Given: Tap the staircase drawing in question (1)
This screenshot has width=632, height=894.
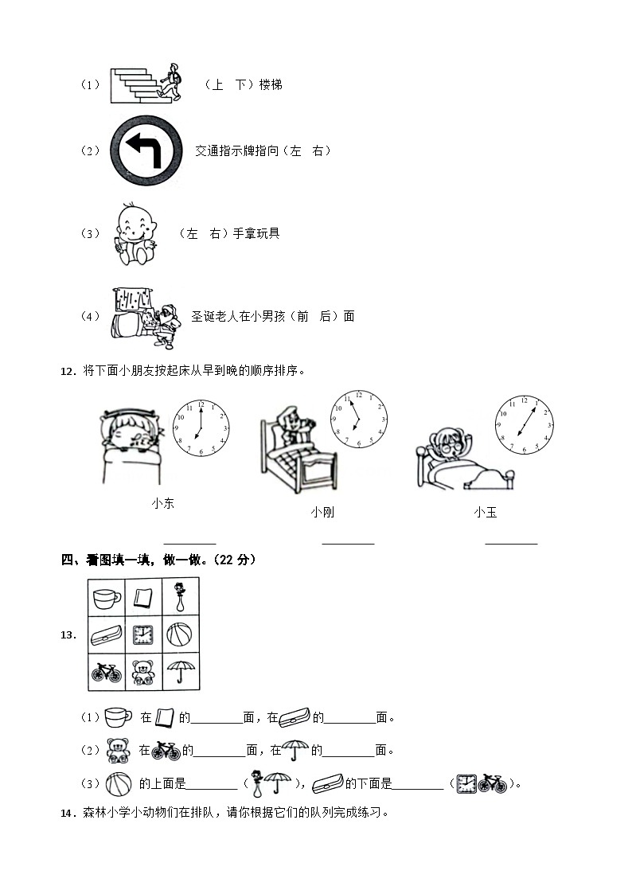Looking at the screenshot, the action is (x=135, y=85).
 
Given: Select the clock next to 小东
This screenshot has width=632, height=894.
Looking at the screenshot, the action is (x=201, y=427).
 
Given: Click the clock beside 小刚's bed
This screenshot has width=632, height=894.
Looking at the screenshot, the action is (x=359, y=419).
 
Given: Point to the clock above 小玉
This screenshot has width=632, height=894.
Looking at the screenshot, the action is (x=525, y=425).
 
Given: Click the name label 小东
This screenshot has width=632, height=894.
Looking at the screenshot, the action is (x=163, y=503).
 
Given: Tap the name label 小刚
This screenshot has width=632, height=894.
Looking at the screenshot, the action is (x=322, y=512).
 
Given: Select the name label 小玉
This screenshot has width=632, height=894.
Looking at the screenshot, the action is (x=486, y=512).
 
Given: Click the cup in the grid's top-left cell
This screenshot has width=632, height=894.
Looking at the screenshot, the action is (x=107, y=599).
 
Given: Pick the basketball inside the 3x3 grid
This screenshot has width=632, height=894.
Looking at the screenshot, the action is (x=180, y=634).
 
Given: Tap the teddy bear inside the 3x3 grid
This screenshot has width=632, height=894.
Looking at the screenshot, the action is (x=143, y=672).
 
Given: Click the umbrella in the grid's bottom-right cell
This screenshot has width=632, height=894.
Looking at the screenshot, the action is (x=181, y=671).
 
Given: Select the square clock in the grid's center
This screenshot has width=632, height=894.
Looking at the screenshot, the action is (x=143, y=634).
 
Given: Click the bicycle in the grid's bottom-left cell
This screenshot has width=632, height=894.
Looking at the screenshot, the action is (x=107, y=673).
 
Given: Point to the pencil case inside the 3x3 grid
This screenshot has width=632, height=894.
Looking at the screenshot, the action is (x=107, y=635).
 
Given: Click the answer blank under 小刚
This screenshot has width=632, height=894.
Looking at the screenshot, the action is (x=348, y=544).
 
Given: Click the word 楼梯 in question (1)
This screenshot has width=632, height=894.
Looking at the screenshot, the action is (x=271, y=85).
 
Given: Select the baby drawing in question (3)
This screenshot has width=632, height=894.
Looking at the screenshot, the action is (x=135, y=234).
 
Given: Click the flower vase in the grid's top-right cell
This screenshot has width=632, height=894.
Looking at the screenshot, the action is (x=180, y=596).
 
